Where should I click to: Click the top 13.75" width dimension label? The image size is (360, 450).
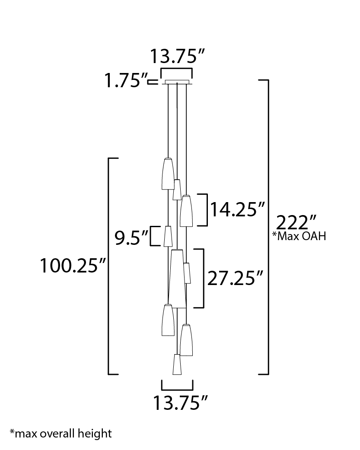(177, 56)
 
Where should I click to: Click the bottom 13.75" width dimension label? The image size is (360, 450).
(180, 402)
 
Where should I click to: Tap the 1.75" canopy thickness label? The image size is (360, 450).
(126, 80)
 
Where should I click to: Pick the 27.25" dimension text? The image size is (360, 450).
(235, 278)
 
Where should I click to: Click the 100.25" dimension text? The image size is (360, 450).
(73, 266)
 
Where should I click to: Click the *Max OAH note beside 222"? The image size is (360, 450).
(299, 236)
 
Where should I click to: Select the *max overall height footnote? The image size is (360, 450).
(61, 434)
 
